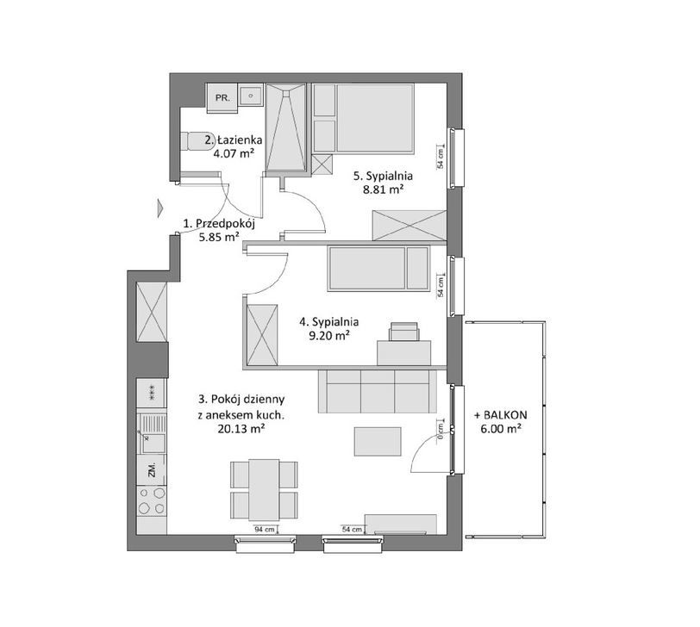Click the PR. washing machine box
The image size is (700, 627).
[222, 97]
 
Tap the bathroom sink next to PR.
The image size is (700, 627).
[251, 95]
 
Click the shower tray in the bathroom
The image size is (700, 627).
[286, 127]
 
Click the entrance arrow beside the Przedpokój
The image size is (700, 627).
[160, 208]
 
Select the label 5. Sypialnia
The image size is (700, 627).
[383, 176]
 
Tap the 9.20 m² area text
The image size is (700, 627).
[329, 335]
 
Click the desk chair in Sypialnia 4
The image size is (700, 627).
[404, 332]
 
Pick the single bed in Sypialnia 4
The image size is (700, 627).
[378, 269]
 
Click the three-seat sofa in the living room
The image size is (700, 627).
[378, 391]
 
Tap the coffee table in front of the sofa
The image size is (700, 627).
[378, 442]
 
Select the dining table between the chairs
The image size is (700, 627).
[264, 490]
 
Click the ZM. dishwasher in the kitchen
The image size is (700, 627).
[152, 469]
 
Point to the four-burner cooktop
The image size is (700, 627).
[152, 500]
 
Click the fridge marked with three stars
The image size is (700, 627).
[152, 393]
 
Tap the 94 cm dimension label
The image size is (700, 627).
[265, 530]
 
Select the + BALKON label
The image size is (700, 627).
[501, 415]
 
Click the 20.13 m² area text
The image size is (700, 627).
[241, 429]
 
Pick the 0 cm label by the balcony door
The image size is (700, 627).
[441, 431]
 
